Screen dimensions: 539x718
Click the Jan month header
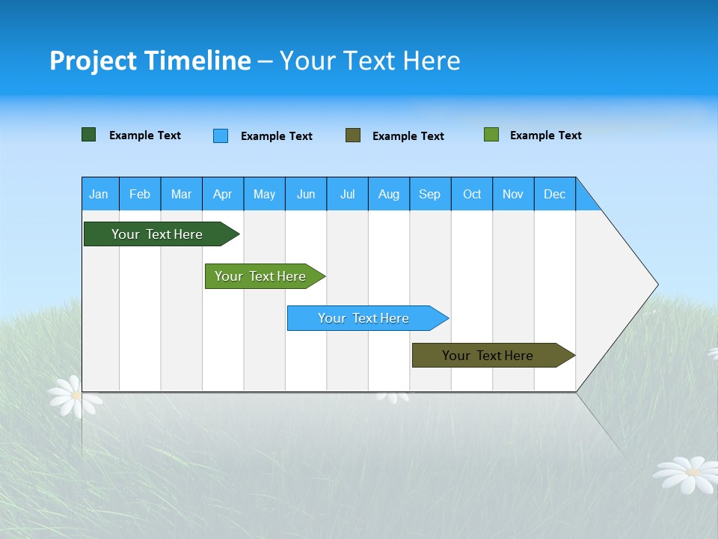pos(99,194)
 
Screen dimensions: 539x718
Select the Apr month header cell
pos(223,194)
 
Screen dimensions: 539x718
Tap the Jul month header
pos(347,194)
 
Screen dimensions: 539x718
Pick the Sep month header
pos(430,194)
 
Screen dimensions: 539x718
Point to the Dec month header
pos(554,194)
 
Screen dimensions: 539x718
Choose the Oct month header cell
pos(472,194)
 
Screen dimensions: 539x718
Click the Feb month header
pos(140,194)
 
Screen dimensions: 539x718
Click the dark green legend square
pos(89,135)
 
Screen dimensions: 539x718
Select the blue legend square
pos(221,135)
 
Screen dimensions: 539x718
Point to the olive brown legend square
pos(353,135)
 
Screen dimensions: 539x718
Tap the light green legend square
pos(491,135)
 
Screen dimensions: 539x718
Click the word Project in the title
pos(92,61)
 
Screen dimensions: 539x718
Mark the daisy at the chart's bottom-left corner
pos(74,396)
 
